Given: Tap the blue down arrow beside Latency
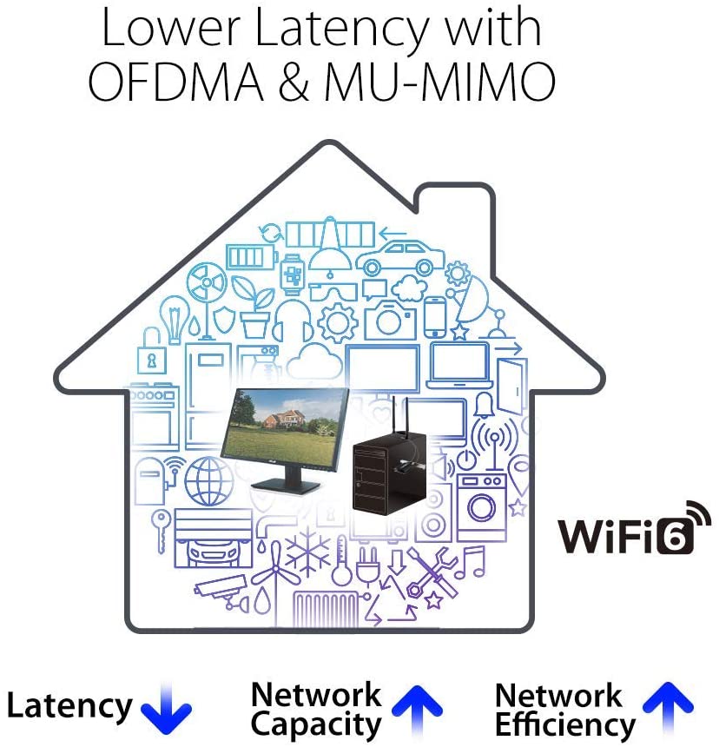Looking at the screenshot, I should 165,709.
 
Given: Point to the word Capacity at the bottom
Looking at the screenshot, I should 315,724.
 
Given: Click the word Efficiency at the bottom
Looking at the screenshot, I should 564,724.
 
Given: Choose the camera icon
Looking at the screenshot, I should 390,320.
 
